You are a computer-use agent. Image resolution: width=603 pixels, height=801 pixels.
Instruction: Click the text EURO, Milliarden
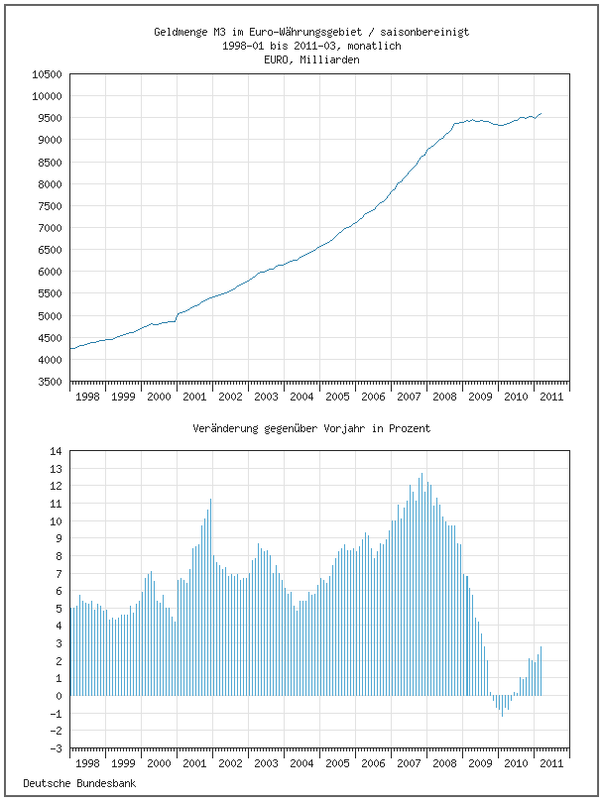[x=311, y=59]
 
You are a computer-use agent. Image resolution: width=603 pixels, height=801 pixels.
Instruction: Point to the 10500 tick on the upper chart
[x=47, y=74]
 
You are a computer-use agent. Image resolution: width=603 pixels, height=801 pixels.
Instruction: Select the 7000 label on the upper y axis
[x=50, y=228]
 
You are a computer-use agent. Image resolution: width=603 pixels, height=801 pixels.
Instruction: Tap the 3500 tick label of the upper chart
[x=50, y=382]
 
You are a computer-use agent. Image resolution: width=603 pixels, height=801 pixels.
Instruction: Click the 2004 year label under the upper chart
[x=301, y=397]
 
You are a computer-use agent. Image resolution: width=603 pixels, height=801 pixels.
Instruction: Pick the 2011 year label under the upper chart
[x=551, y=397]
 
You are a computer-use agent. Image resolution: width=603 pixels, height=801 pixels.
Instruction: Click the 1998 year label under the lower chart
[x=87, y=763]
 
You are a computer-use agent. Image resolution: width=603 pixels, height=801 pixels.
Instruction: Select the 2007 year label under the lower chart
[x=409, y=763]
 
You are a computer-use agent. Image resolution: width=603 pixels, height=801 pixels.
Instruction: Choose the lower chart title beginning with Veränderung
[x=311, y=429]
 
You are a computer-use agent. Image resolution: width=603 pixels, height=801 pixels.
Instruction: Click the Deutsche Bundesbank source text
[x=79, y=783]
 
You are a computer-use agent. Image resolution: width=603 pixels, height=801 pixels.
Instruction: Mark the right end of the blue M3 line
[x=541, y=113]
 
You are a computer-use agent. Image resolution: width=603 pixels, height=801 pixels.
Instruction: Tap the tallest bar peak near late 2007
[x=422, y=474]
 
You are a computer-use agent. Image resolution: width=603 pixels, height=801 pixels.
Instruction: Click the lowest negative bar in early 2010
[x=502, y=715]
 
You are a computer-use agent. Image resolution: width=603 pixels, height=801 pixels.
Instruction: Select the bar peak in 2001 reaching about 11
[x=210, y=499]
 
